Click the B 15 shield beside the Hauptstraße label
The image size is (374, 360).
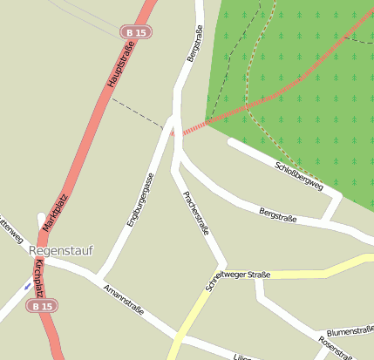[x=135, y=32]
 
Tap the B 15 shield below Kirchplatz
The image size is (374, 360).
[x=40, y=306]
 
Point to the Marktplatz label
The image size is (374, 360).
[x=55, y=214]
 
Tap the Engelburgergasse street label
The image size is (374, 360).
[x=139, y=200]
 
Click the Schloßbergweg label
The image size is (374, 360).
[x=298, y=176]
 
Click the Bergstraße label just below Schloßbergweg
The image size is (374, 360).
[x=277, y=214]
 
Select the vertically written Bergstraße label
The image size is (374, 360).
[x=194, y=44]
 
